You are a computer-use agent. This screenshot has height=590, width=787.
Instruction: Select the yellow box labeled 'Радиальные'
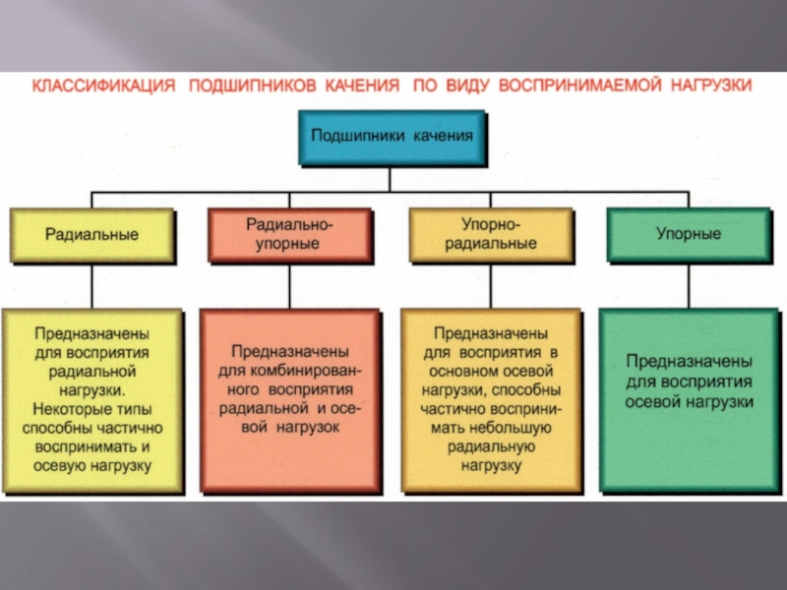[x=92, y=235]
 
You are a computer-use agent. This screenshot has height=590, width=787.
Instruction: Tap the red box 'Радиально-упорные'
[x=290, y=235]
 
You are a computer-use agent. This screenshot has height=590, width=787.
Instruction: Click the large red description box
[x=290, y=400]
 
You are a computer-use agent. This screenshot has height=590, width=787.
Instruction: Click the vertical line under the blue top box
[x=391, y=177]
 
